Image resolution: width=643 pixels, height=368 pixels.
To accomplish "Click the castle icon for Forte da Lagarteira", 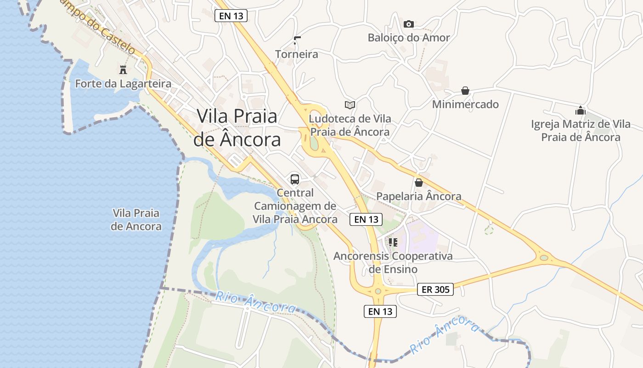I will point(123,70).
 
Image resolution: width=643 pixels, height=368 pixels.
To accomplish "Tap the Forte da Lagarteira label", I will point(123,84).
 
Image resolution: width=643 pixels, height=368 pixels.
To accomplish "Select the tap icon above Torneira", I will point(297,40).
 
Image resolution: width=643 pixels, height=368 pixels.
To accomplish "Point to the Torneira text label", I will point(297,54).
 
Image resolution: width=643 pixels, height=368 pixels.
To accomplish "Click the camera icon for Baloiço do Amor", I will point(408,24).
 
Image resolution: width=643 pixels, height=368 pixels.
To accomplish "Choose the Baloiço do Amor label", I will point(409,38).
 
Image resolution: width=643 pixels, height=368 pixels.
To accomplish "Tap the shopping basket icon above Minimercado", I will point(465,91).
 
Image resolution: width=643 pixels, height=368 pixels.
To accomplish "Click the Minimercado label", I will point(465,104).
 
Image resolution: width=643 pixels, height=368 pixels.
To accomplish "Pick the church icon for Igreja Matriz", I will point(581,110).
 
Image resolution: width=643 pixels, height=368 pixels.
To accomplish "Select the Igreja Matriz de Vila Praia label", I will point(581,131).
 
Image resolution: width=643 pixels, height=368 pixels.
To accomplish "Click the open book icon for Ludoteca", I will point(350,105).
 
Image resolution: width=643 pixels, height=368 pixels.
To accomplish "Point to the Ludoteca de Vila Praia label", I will point(350,125).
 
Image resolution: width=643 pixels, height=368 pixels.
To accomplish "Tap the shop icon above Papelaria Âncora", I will point(418,183).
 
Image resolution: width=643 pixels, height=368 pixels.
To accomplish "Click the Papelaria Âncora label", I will point(418,196).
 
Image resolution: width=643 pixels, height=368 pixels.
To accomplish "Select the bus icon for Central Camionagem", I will point(295,179).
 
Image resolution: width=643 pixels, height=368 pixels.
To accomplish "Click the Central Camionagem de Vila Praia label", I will point(295,206).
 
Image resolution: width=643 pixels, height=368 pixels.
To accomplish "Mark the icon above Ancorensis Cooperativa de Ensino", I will point(393,242).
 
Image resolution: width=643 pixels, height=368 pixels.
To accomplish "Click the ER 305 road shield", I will point(435,289).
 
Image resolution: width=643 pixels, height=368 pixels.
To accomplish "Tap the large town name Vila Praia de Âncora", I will point(237,127).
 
